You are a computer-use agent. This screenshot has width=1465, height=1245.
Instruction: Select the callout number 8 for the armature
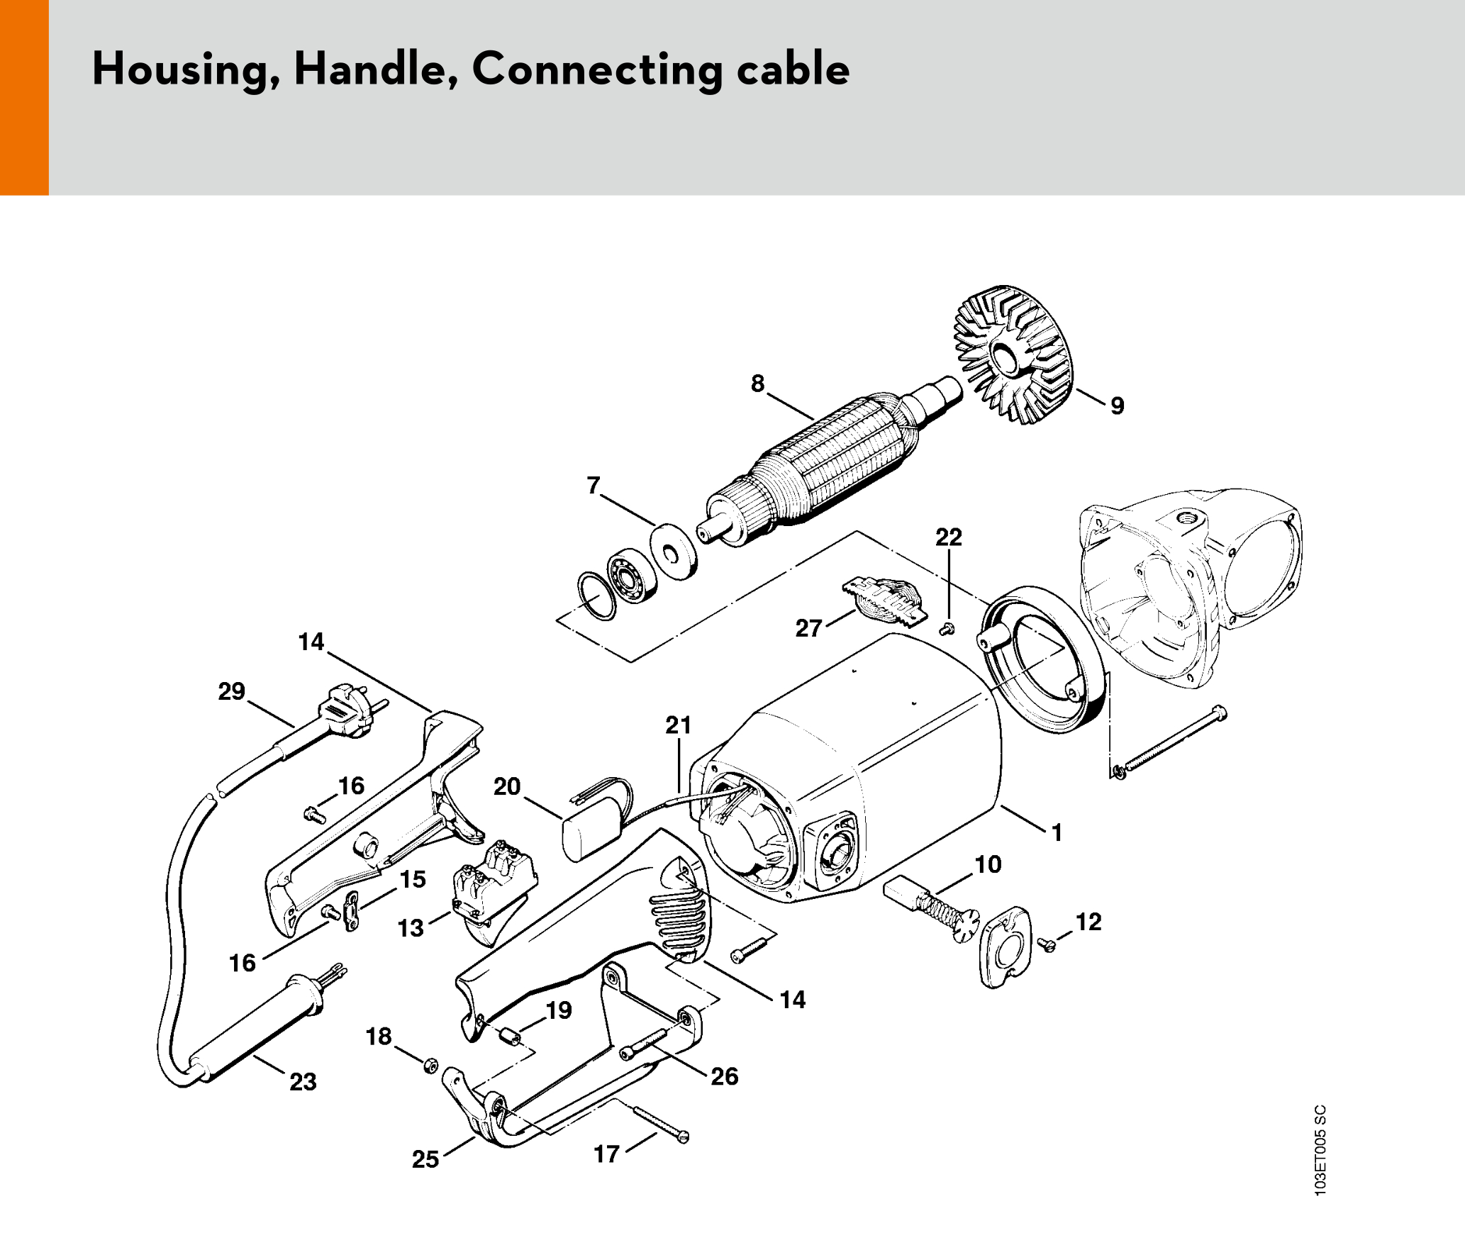pyautogui.click(x=758, y=384)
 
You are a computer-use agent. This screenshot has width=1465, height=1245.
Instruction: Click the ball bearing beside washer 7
pyautogui.click(x=630, y=575)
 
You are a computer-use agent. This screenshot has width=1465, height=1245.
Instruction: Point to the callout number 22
pyautogui.click(x=949, y=537)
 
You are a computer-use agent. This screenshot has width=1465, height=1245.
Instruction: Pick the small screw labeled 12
pyautogui.click(x=1045, y=944)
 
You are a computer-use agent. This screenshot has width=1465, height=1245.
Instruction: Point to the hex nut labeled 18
pyautogui.click(x=430, y=1065)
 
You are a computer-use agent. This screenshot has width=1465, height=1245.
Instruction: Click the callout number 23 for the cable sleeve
pyautogui.click(x=303, y=1082)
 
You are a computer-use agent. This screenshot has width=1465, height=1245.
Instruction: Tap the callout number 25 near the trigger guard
pyautogui.click(x=425, y=1159)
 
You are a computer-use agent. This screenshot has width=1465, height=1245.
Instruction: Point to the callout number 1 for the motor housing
pyautogui.click(x=1057, y=832)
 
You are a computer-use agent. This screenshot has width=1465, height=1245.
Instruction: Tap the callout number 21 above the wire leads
pyautogui.click(x=678, y=725)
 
